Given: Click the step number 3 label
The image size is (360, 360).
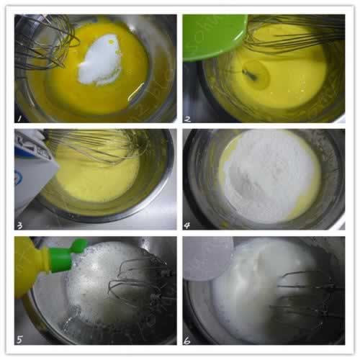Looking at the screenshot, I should (20, 225).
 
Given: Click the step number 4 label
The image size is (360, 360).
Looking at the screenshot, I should (189, 225).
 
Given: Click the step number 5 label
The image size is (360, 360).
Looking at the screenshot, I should (20, 336).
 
